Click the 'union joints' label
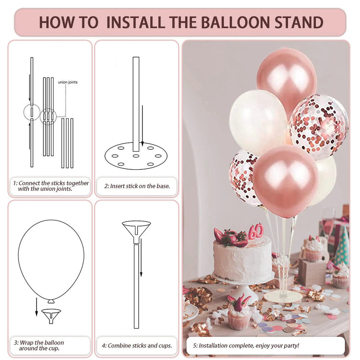pyautogui.click(x=67, y=82)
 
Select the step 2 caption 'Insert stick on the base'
pyautogui.click(x=137, y=186)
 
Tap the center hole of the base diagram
pyautogui.click(x=136, y=156)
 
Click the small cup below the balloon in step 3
pyautogui.click(x=51, y=316)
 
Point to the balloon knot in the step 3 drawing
pyautogui.click(x=51, y=301)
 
